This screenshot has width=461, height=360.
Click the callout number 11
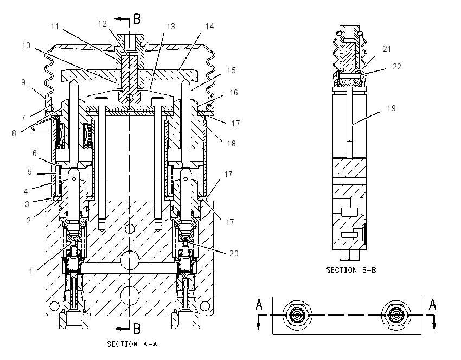click(x=55, y=27)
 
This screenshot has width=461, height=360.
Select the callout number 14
click(x=209, y=27)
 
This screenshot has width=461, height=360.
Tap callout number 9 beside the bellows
click(x=23, y=82)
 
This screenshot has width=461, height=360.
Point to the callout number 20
click(x=234, y=253)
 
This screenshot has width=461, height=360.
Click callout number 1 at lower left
click(x=31, y=272)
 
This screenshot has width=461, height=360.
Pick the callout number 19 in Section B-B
click(x=391, y=108)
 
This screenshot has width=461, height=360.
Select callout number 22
click(x=396, y=67)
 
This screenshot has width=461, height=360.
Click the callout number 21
click(x=387, y=49)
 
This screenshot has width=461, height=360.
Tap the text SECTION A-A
click(x=132, y=344)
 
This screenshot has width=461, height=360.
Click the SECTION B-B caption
click(x=351, y=270)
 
